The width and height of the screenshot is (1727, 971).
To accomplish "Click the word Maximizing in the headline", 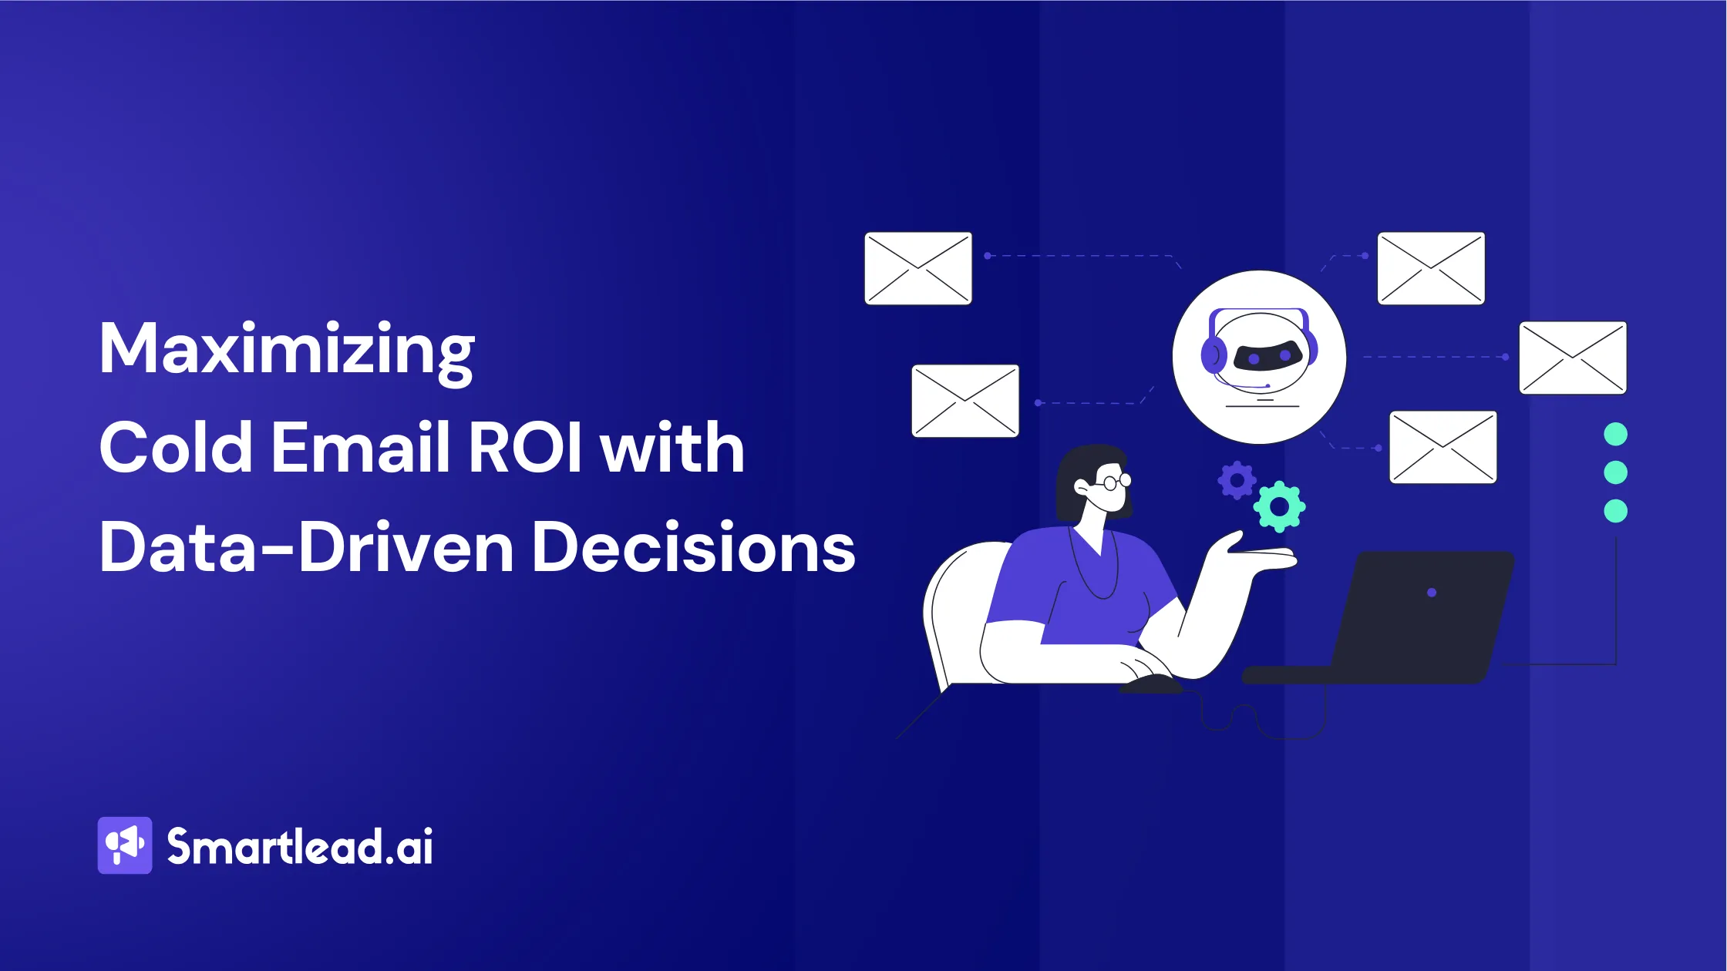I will coord(286,351).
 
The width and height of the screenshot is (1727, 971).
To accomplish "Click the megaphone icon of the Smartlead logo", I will coord(125,845).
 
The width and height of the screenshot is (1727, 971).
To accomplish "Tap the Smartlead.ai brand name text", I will coord(300,847).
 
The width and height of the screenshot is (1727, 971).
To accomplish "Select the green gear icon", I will coord(1279,507).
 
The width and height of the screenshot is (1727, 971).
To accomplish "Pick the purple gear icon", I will coord(1237,481).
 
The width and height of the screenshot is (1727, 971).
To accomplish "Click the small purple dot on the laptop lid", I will coord(1432,593).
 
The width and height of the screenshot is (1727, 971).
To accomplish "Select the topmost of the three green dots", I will coord(1615,435).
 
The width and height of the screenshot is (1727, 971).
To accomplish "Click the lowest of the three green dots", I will coord(1615,511).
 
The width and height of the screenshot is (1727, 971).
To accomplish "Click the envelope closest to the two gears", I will coord(1443,448).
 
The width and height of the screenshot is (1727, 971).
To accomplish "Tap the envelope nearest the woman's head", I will coord(965,401).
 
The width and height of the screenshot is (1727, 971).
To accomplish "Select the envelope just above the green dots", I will coord(1573,358).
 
